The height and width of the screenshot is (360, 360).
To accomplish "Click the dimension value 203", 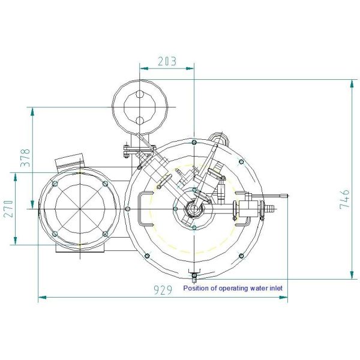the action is point(167,61).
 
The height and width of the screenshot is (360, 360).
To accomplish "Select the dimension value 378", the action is point(25,158).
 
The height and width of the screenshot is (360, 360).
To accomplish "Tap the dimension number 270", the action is point(8,209).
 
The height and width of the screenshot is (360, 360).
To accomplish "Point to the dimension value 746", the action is point(344,199).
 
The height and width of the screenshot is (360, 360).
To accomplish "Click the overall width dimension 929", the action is point(163,290).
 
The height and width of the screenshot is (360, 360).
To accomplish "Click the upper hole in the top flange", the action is point(139,94).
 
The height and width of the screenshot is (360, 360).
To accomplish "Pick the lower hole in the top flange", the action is point(139,120).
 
